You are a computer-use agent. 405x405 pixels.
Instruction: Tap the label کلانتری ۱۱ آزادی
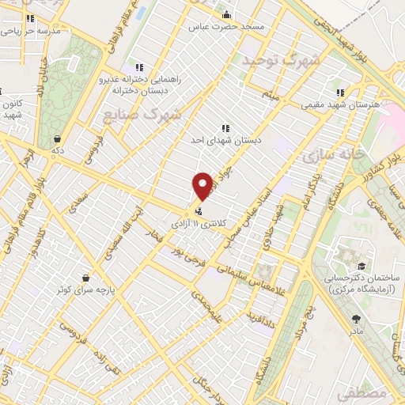[229, 212]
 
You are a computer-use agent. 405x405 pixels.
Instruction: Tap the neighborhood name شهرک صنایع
[142, 114]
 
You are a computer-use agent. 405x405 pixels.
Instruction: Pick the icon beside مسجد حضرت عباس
[226, 14]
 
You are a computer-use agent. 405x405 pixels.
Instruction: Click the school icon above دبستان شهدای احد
[225, 127]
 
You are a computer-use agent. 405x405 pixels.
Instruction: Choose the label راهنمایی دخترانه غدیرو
[140, 79]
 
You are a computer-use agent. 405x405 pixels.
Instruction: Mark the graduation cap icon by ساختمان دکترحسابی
[361, 266]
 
